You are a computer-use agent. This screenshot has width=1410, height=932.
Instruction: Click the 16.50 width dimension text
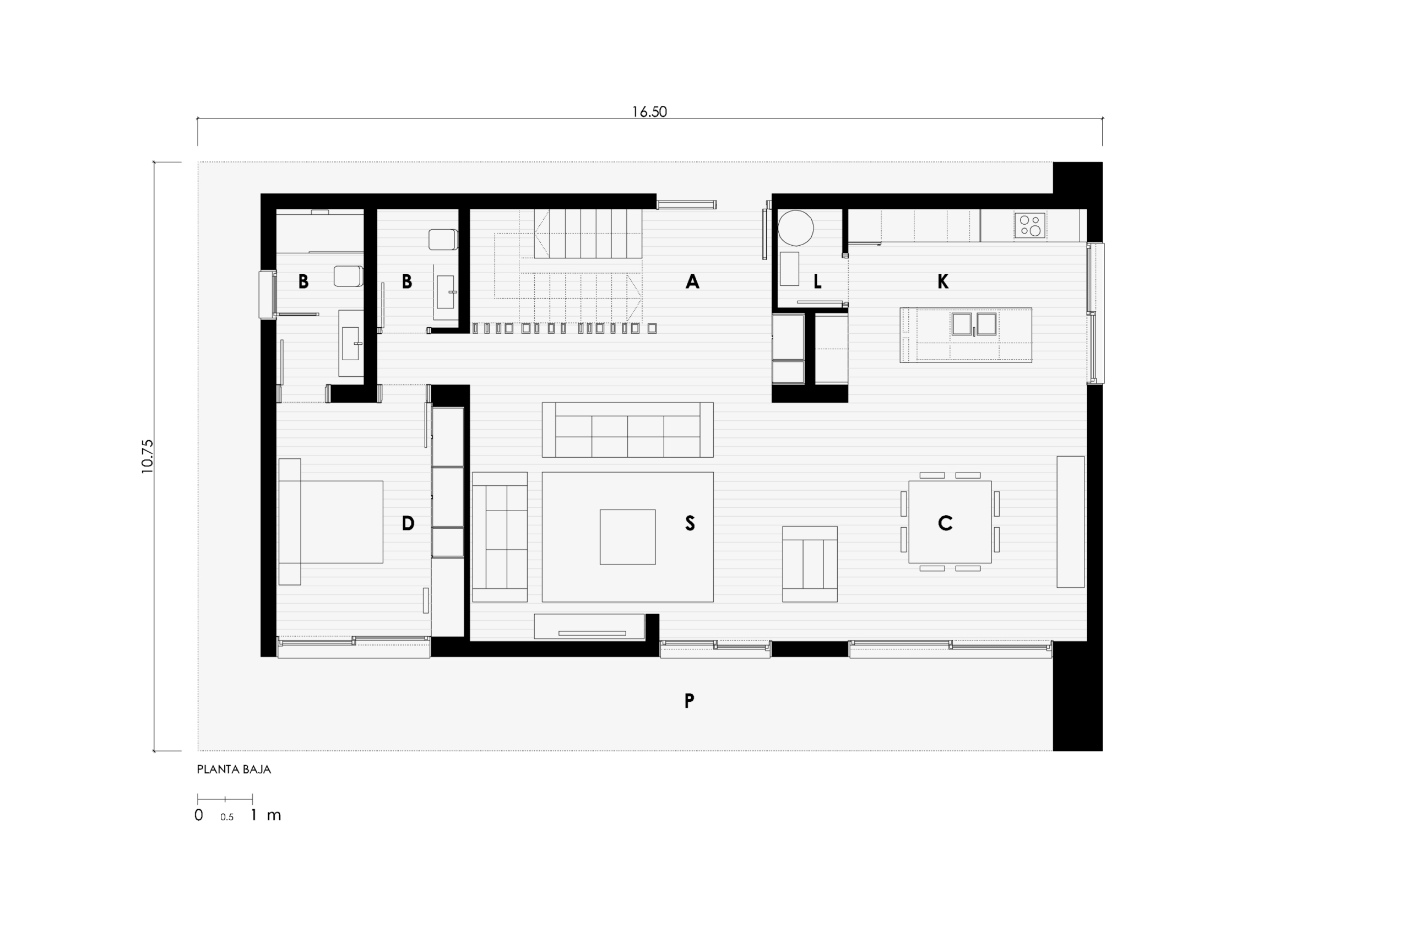pyautogui.click(x=649, y=112)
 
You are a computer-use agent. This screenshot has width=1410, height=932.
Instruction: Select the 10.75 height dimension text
pyautogui.click(x=148, y=457)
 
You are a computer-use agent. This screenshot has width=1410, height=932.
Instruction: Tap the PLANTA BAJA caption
pyautogui.click(x=234, y=769)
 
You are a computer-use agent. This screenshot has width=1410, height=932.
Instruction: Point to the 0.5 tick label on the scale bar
pyautogui.click(x=226, y=817)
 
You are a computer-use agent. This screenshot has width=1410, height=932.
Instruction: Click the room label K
pyautogui.click(x=942, y=281)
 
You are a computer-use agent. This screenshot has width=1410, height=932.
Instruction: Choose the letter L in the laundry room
pyautogui.click(x=817, y=281)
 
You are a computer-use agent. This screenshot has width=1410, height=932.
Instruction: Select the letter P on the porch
pyautogui.click(x=689, y=701)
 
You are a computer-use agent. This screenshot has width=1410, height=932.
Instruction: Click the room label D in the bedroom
pyautogui.click(x=408, y=523)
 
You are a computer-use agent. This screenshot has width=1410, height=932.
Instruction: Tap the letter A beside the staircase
pyautogui.click(x=692, y=281)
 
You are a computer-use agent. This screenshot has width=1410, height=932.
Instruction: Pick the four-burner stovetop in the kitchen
pyautogui.click(x=1030, y=225)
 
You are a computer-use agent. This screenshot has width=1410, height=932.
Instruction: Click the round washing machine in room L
pyautogui.click(x=796, y=227)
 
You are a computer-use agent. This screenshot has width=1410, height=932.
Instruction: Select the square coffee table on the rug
pyautogui.click(x=627, y=537)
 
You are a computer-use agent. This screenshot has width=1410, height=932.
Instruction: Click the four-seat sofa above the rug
pyautogui.click(x=627, y=430)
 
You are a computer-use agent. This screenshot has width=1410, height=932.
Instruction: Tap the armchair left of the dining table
pyautogui.click(x=810, y=564)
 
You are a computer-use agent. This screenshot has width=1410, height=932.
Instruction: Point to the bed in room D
pyautogui.click(x=330, y=522)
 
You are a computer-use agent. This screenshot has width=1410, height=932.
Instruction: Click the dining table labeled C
pyautogui.click(x=950, y=522)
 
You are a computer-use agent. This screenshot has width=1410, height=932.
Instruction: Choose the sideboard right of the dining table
pyautogui.click(x=1070, y=522)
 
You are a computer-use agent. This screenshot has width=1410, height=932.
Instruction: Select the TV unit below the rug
pyautogui.click(x=589, y=626)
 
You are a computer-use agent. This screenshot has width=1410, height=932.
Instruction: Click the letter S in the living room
pyautogui.click(x=690, y=523)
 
